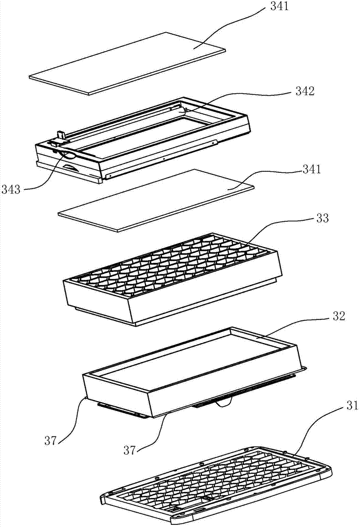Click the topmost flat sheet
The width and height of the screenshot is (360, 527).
[127, 63]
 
